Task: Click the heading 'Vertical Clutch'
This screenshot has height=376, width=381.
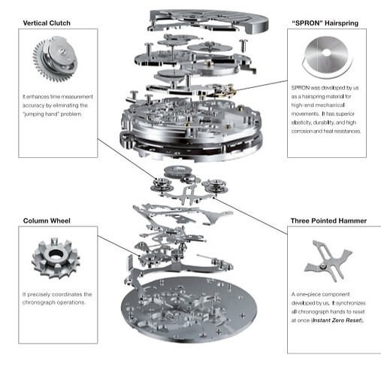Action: click(47, 23)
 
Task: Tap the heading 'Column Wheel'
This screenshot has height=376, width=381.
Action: click(47, 221)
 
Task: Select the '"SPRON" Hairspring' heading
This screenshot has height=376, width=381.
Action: click(325, 23)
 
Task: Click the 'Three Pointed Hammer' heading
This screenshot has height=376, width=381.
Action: click(328, 221)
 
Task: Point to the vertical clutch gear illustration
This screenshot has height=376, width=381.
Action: click(55, 59)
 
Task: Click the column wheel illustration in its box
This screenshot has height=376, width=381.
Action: click(56, 258)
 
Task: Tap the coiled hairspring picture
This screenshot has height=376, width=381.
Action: click(327, 57)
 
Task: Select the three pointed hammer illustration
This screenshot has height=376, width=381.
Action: click(328, 261)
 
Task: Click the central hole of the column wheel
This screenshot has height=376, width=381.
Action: click(55, 253)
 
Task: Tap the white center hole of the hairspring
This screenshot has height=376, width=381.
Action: click(326, 53)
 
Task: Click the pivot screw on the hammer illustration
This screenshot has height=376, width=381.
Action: click(324, 265)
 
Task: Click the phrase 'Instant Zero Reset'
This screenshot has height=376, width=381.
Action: click(337, 320)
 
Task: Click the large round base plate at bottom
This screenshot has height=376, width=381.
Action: click(189, 310)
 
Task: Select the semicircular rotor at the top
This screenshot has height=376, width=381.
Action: click(209, 20)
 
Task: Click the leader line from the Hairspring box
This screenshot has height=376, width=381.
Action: click(262, 86)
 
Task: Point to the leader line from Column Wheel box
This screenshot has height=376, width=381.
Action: click(119, 246)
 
